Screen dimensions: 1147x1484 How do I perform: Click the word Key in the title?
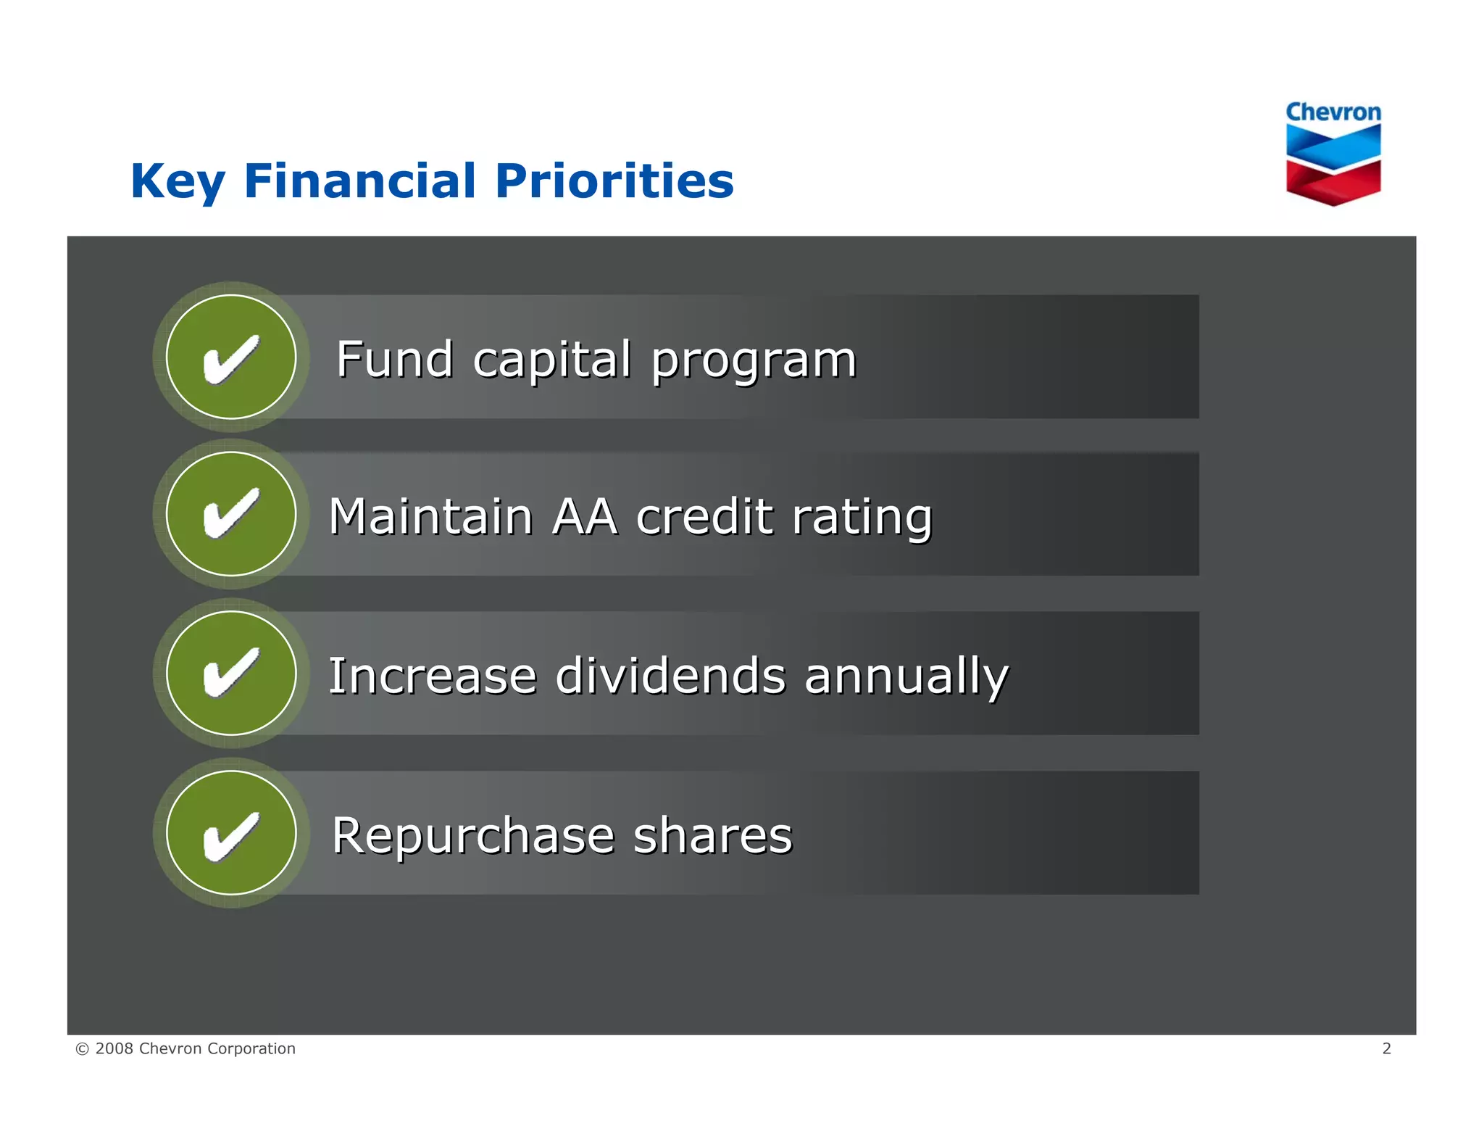178,181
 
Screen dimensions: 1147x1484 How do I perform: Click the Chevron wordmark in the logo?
1333,112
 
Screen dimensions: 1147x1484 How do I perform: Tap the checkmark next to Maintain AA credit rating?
231,514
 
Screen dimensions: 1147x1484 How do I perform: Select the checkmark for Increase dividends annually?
231,674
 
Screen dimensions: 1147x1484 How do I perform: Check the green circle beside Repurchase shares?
231,833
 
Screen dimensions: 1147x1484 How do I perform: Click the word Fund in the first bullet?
395,360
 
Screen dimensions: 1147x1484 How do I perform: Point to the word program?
754,361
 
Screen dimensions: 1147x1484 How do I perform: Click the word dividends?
670,676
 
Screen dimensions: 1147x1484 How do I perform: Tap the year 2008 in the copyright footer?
114,1048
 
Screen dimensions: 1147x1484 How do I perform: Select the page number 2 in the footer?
1386,1048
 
